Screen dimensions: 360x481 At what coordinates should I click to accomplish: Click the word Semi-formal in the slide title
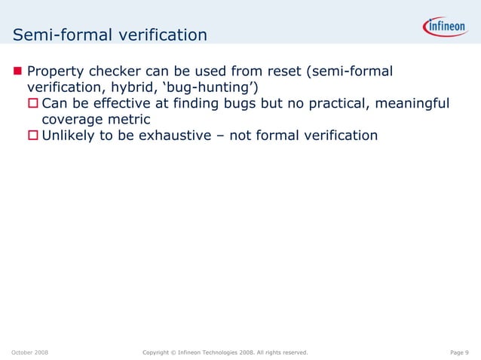[56, 35]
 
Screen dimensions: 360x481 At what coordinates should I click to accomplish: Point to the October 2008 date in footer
[30, 352]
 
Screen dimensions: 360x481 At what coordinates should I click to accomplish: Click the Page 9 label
[459, 352]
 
